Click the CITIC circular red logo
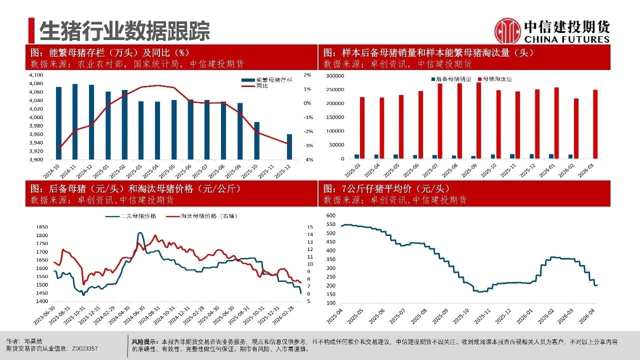click(x=507, y=30)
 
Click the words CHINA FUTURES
click(x=567, y=39)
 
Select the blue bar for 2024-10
click(x=58, y=123)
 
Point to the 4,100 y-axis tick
click(x=37, y=75)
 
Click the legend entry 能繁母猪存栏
click(x=272, y=80)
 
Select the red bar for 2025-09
click(x=478, y=120)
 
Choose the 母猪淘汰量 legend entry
click(x=497, y=79)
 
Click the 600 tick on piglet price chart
click(x=330, y=215)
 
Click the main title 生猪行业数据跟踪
click(x=124, y=31)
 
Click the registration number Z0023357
click(x=85, y=348)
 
